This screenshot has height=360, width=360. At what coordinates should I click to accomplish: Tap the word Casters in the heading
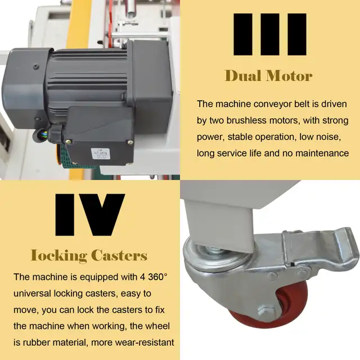[x=119, y=255]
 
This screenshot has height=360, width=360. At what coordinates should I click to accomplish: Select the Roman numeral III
[x=270, y=34]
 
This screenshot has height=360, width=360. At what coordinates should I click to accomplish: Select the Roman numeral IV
[x=90, y=215]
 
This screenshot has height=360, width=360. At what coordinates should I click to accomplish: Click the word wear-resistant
[x=133, y=343]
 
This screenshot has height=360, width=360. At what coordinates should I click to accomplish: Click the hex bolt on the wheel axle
[x=265, y=312]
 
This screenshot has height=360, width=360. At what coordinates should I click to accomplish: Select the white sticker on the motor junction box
[x=100, y=154]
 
